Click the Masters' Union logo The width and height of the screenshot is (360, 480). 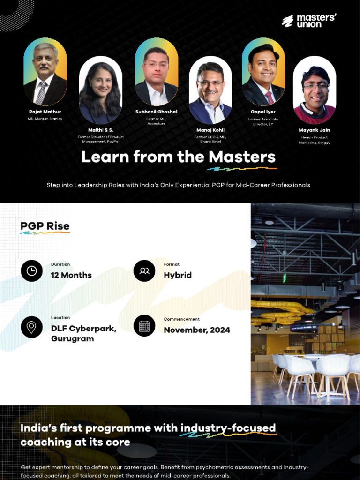(309, 21)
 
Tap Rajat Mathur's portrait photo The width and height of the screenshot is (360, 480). (45, 73)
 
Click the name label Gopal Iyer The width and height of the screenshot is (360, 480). (263, 112)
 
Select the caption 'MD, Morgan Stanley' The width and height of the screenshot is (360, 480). (45, 119)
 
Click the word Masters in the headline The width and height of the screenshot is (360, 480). (242, 157)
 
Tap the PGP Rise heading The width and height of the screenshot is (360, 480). (45, 226)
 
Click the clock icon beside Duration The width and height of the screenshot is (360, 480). (32, 271)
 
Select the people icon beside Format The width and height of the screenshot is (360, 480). (144, 271)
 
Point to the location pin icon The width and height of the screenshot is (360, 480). (32, 326)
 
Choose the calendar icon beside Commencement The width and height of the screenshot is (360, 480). (144, 326)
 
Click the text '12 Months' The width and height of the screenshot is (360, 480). (71, 275)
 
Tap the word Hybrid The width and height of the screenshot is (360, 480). (178, 275)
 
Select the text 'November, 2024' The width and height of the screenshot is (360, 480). (197, 330)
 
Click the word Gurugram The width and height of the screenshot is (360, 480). (72, 338)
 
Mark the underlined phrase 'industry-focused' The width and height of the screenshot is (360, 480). (228, 428)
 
